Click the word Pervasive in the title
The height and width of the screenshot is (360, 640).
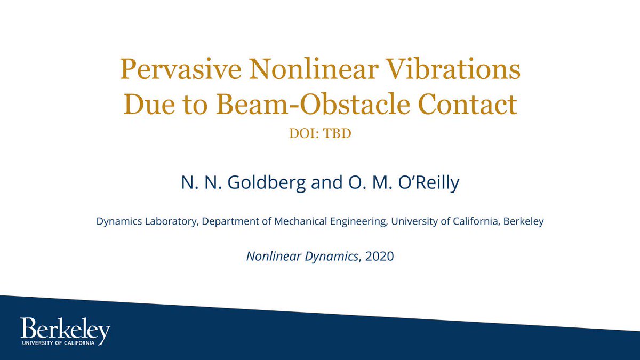tap(181, 69)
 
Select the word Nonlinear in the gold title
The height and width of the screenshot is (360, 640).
tap(314, 69)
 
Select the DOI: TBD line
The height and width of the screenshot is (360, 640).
tap(320, 133)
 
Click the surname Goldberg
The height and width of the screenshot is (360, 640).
tap(266, 183)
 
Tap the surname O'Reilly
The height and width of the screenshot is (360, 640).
tap(429, 183)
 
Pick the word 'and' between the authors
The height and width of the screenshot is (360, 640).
tap(326, 182)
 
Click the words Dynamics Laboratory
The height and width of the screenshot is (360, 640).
tap(147, 221)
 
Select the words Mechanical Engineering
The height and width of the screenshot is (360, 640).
tap(331, 221)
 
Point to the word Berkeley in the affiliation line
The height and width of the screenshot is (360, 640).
tap(523, 221)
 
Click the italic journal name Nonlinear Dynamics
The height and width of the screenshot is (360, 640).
tap(302, 257)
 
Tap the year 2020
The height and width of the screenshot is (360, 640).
tap(379, 257)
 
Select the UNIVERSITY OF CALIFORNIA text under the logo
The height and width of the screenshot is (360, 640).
tap(58, 343)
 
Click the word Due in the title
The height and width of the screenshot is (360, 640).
tap(149, 104)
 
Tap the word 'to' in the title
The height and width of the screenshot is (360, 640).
tap(195, 105)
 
